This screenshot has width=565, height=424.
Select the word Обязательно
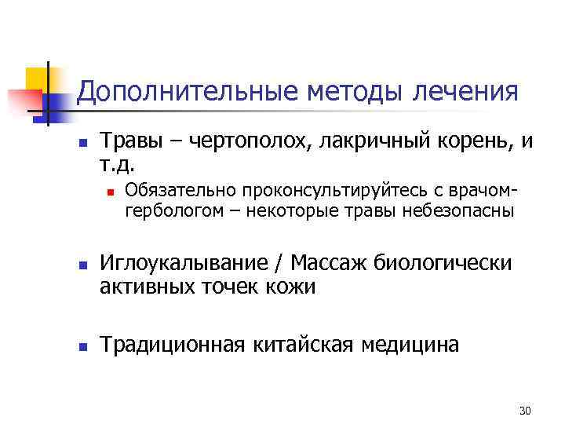coord(173,188)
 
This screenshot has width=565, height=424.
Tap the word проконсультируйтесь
coord(307,188)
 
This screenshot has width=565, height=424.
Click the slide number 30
coord(525,410)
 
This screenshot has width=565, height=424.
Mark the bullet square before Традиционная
coord(82,344)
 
